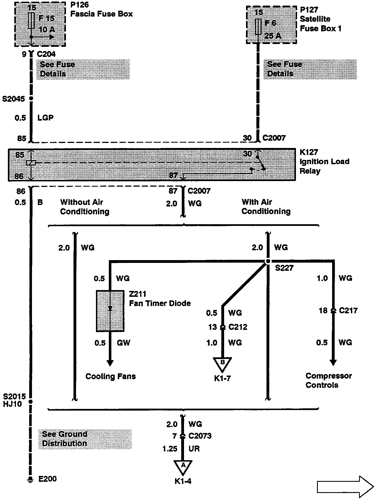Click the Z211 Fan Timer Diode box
tap(110, 311)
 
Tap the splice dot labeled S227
tap(268, 261)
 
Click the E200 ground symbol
tap(29, 480)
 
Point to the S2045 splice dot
tap(31, 98)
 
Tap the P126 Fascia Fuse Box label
tap(101, 9)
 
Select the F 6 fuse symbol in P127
tap(258, 27)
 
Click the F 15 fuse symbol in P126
tap(31, 20)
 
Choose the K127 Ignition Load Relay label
tap(324, 161)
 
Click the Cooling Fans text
tap(111, 376)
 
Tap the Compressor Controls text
tap(328, 380)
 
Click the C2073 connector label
tap(200, 436)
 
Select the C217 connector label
tap(348, 311)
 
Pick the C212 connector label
tap(238, 327)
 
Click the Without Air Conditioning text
tap(84, 207)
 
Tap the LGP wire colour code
tap(45, 118)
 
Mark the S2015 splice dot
tap(31, 402)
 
